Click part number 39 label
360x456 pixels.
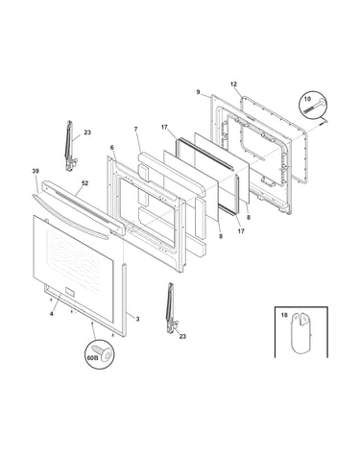36,171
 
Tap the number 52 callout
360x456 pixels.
84,183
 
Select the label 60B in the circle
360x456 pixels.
92,358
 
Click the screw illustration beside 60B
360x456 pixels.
103,352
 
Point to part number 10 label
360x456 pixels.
307,99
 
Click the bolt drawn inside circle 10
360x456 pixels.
314,106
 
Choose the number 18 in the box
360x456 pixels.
284,315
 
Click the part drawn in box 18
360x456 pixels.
300,333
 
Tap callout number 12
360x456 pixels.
233,84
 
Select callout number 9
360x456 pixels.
198,92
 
